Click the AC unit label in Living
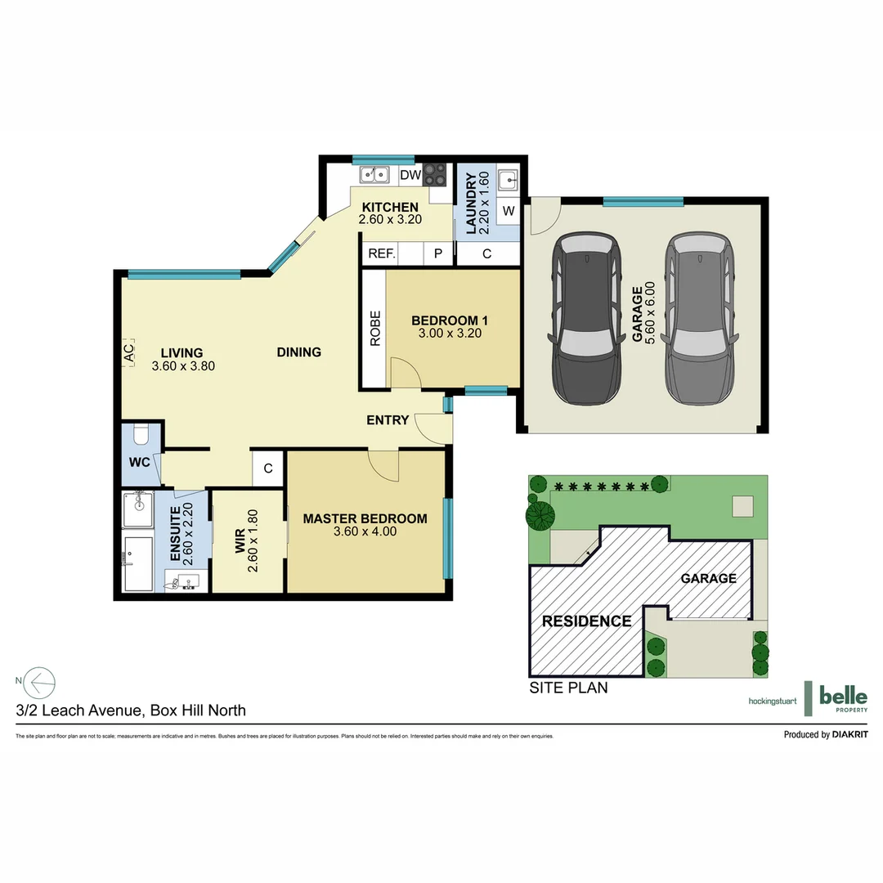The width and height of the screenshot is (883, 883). click(128, 353)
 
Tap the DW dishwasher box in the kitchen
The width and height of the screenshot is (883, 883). click(410, 174)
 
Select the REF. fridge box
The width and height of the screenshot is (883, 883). click(381, 253)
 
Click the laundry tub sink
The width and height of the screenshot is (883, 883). click(509, 177)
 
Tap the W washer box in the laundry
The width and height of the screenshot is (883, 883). click(508, 211)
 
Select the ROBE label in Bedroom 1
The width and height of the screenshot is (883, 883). click(375, 328)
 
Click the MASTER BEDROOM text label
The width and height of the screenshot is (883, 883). click(365, 518)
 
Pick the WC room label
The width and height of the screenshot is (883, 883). click(139, 462)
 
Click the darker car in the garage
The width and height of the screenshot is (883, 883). click(586, 318)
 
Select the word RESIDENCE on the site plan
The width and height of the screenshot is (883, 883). click(586, 621)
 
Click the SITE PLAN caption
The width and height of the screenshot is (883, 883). click(568, 688)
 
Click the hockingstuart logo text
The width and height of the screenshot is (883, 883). click(773, 701)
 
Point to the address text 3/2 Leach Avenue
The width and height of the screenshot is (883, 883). click(131, 710)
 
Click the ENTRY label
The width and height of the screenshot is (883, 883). click(388, 420)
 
